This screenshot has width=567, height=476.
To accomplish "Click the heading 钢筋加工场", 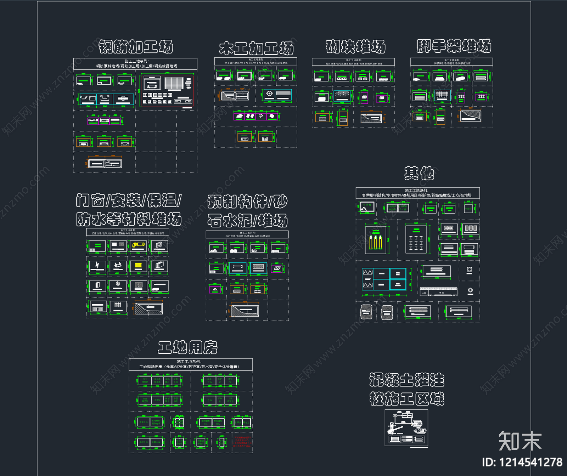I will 136,47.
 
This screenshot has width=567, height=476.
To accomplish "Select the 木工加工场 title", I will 256,48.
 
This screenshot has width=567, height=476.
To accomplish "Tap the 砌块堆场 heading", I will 355,47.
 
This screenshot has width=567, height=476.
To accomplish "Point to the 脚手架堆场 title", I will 454,46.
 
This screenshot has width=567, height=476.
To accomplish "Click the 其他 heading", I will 419,173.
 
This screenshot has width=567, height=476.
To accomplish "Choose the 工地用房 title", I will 187,347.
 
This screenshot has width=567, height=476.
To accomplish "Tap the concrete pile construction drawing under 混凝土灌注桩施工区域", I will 406,428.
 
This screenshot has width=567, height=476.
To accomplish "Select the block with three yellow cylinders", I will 376,240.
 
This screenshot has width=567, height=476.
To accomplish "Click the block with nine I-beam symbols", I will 416,240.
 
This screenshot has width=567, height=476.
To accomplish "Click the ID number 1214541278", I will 522,462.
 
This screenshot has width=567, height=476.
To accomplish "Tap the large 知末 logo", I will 520,441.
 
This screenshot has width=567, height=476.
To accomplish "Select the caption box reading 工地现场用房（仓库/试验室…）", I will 191,364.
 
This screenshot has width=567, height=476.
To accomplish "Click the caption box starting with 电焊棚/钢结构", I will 417,193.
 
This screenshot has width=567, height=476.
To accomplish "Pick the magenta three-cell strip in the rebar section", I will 105,120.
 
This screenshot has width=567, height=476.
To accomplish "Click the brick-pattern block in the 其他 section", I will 449,229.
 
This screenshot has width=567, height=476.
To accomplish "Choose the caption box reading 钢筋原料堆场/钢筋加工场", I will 135,64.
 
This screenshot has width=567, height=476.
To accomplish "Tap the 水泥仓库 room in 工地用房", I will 144,442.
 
